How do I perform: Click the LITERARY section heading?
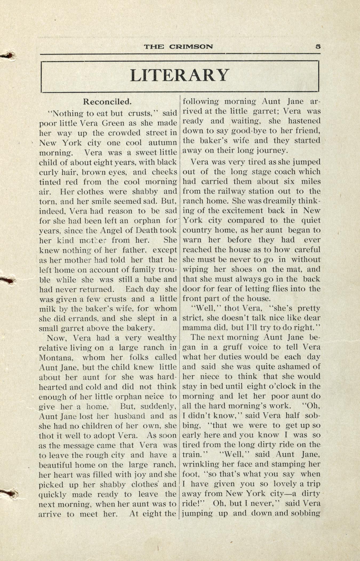pos(180,75)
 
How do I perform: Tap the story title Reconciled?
pos(107,102)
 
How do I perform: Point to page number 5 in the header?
pos(318,46)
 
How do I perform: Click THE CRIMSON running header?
pos(178,47)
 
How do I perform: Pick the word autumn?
pos(163,143)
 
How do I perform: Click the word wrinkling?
pos(201,464)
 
